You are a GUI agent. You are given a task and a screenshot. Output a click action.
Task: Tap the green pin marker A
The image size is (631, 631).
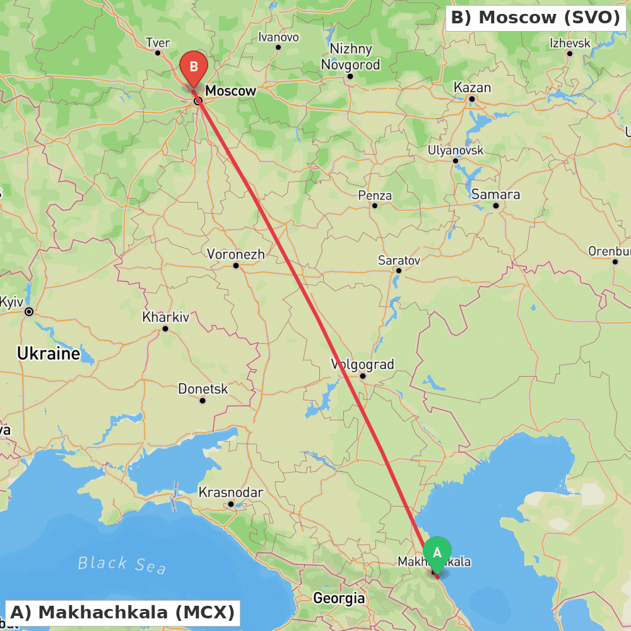(x=437, y=553)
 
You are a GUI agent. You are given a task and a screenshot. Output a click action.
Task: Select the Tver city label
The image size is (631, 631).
(x=158, y=43)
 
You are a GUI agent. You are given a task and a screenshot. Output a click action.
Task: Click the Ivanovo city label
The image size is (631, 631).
(x=278, y=37)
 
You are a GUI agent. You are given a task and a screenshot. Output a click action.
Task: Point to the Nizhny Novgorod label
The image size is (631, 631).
(x=351, y=57)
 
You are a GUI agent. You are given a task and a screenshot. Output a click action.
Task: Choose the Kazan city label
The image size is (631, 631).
(x=472, y=88)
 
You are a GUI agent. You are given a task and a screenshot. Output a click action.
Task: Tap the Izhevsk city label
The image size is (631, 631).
(x=570, y=43)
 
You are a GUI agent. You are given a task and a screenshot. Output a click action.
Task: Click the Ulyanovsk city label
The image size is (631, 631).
(x=456, y=150)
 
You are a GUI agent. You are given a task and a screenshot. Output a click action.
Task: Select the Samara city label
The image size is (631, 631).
(x=495, y=194)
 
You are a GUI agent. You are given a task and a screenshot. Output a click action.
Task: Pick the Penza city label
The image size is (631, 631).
(x=375, y=196)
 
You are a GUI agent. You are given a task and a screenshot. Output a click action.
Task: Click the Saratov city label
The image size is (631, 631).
(x=399, y=260)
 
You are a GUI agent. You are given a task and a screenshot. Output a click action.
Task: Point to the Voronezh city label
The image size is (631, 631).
(x=236, y=254)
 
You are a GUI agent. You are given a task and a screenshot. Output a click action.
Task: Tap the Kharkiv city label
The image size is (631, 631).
(x=165, y=317)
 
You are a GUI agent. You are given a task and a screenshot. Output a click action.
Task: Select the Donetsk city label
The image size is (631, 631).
(x=203, y=389)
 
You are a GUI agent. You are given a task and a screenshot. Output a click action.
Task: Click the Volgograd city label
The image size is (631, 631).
(x=363, y=365)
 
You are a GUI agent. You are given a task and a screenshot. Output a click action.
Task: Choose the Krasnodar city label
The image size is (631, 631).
(x=230, y=492)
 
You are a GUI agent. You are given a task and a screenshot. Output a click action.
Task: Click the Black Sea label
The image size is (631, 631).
(x=122, y=564)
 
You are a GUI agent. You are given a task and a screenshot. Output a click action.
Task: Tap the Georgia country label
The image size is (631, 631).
(x=339, y=598)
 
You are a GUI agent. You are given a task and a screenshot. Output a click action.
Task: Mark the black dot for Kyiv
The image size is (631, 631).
(x=29, y=312)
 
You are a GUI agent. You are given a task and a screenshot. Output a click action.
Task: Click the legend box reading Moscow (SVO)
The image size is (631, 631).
(x=536, y=18)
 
